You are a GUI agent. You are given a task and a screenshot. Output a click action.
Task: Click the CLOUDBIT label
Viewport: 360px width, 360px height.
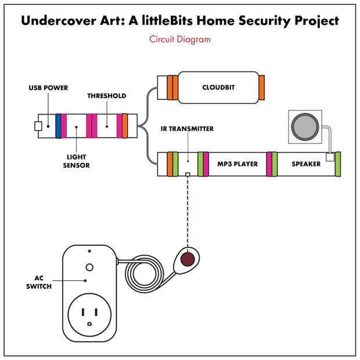[x=218, y=88]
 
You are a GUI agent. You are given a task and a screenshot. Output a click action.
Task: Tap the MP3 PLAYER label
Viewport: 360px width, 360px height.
[x=237, y=164]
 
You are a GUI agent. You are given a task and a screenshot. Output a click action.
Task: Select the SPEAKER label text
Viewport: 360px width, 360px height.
[x=306, y=164]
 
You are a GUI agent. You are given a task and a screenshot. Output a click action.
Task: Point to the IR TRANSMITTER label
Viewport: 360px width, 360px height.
[x=187, y=129]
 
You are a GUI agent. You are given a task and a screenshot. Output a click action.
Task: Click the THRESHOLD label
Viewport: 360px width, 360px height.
[x=107, y=96]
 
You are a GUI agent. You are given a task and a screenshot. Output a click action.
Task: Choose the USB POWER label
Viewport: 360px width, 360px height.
[x=48, y=88]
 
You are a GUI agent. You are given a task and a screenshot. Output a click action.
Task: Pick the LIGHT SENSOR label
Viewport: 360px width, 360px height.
[x=76, y=161]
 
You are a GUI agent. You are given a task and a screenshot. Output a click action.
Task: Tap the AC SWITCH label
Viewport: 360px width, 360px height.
[x=39, y=282]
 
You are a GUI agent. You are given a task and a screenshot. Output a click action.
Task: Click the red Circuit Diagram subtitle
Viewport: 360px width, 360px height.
[x=180, y=39]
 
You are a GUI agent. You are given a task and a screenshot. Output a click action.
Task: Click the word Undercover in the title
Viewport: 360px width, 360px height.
[x=59, y=21]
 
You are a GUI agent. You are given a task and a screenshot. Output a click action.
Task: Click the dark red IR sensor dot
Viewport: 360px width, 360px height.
[x=188, y=259]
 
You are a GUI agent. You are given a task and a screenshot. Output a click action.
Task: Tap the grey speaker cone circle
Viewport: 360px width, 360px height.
[x=305, y=127]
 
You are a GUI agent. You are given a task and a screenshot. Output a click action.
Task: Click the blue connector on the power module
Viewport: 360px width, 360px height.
[x=59, y=126]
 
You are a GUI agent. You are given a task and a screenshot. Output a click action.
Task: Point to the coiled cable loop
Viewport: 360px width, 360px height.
[x=144, y=274]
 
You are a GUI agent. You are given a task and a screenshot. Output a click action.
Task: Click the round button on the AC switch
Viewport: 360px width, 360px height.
[x=89, y=267]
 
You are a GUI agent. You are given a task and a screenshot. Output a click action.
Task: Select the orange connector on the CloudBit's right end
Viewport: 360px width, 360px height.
[x=261, y=88]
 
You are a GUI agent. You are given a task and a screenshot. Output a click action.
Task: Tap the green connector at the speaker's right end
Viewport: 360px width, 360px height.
[x=338, y=164]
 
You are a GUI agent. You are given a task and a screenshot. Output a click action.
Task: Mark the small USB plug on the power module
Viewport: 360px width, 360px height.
[x=38, y=126]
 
